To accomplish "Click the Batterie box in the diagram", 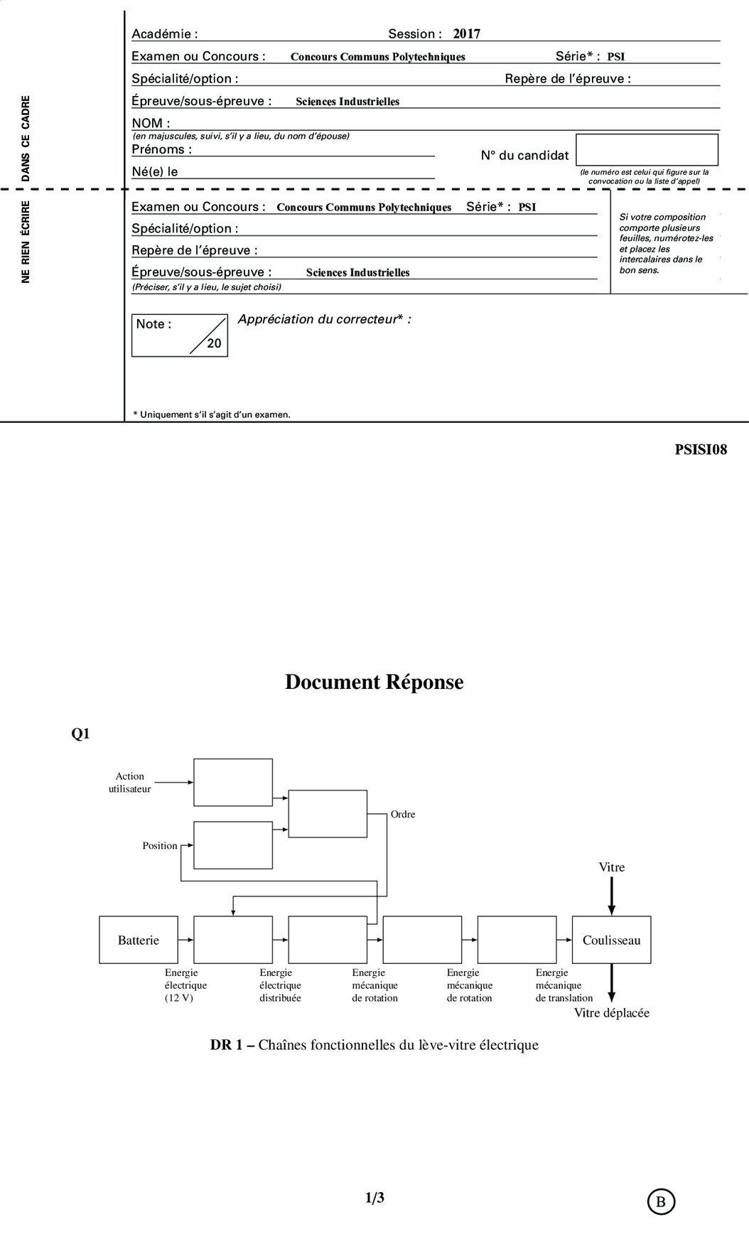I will (x=139, y=940).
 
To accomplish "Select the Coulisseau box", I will (x=611, y=940).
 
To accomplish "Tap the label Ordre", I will (x=403, y=814).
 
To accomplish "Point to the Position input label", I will (x=160, y=845).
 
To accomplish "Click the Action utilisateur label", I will (x=130, y=782).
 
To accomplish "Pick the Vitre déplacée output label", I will (x=611, y=1013).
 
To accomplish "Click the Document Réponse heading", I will (x=374, y=682).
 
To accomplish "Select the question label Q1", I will (x=80, y=734).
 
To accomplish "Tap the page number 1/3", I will (x=374, y=1198).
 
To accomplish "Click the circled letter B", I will (x=661, y=1201).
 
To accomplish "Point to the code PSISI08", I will (x=701, y=449).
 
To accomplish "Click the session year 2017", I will (x=467, y=33).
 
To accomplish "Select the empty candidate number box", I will (x=647, y=149).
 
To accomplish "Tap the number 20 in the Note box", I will (x=214, y=343).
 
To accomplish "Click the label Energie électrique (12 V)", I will (x=185, y=985).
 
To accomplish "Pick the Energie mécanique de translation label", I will (x=564, y=985).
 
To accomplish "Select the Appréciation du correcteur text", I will (x=324, y=319).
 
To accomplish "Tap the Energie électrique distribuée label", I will (x=280, y=985).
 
